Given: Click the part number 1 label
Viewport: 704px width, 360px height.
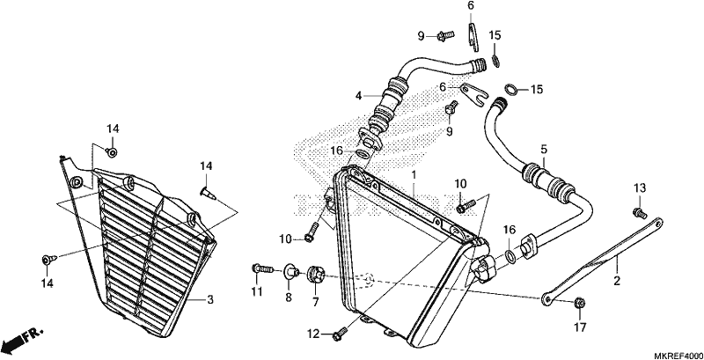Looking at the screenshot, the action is click(414, 173).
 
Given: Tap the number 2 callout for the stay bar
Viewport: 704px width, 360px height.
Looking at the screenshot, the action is click(617, 281).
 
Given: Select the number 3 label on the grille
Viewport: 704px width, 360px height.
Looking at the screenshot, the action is click(210, 300).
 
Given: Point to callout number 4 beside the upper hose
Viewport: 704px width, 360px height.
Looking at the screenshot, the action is click(359, 96).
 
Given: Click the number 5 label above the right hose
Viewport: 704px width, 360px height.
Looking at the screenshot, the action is click(544, 149).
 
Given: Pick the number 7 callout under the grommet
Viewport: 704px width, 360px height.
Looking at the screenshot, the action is click(315, 302).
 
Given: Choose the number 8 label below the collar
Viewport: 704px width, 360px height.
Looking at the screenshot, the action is click(289, 297).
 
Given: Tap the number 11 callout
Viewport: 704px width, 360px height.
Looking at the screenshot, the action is click(256, 292).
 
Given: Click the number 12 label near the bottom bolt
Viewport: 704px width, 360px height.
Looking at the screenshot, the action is click(313, 334).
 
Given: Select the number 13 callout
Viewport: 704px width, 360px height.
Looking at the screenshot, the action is click(640, 188).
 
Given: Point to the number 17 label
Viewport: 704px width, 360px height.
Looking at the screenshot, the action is click(580, 327).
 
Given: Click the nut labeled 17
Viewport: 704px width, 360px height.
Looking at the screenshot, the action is click(579, 303).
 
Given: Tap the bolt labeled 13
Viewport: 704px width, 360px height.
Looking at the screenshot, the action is click(639, 211).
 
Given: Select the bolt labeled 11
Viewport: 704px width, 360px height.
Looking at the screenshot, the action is click(262, 268).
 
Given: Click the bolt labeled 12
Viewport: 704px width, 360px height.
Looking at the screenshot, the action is click(340, 333).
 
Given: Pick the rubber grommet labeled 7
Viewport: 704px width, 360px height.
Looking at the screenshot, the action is click(315, 275).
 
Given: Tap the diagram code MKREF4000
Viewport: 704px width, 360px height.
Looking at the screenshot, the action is click(678, 354).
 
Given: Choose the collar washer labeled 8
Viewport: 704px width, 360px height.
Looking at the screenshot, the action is click(291, 272).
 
